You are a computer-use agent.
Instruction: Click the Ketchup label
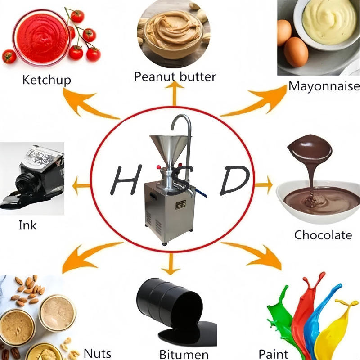(47, 80)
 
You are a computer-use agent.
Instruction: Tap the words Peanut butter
(175, 76)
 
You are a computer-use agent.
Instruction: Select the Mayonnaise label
(324, 86)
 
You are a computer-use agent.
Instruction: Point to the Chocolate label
(323, 234)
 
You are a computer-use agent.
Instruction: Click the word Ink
(27, 225)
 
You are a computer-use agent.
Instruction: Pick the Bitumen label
(184, 354)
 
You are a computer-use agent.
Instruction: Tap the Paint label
(274, 353)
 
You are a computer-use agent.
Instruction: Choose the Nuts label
(97, 353)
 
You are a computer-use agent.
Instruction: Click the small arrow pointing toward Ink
(81, 184)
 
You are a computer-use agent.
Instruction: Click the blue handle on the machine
(203, 194)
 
